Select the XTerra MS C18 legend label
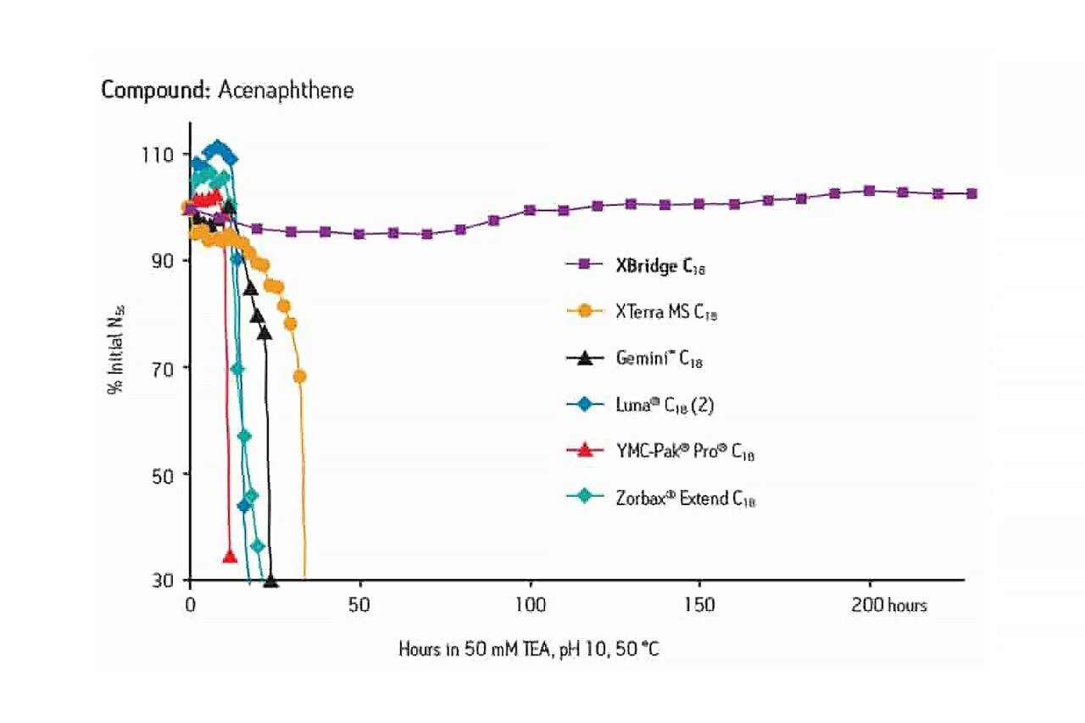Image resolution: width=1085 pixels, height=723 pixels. point(667,312)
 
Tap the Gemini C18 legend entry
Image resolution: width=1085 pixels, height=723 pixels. point(659,359)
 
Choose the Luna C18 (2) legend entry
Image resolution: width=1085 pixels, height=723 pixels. point(665,405)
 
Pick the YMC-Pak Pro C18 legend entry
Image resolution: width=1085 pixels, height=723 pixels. point(684,452)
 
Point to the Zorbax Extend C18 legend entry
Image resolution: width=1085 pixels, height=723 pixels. point(685,498)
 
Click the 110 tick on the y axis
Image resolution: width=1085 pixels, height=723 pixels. point(159,154)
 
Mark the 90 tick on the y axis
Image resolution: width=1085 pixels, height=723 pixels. point(162,261)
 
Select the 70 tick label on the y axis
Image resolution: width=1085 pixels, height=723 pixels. point(162,368)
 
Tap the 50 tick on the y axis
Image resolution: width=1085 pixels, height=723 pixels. point(162,474)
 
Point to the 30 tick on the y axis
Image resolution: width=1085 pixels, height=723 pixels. point(162,581)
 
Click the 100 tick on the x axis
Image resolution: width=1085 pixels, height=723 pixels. point(530,606)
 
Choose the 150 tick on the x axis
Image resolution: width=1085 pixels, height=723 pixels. point(699,606)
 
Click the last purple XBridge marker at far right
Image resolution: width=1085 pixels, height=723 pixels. point(972,194)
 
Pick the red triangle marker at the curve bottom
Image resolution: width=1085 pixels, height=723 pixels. point(229,556)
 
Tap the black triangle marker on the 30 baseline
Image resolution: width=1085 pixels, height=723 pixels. point(270,581)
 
